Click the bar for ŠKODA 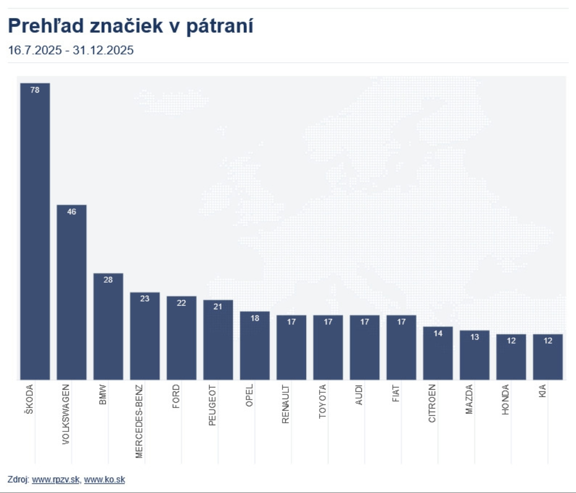tap(35, 234)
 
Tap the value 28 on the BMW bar tap(108, 280)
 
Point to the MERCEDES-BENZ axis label tap(139, 421)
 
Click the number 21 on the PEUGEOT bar tap(218, 306)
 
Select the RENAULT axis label tap(285, 404)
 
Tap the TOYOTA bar tap(328, 348)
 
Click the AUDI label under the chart tap(359, 395)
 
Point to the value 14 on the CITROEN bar tap(438, 333)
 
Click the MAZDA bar tap(474, 357)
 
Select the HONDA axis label tap(505, 399)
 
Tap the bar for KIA tap(548, 359)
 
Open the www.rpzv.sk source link tap(55, 480)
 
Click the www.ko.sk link tap(104, 480)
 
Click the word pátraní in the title tap(220, 26)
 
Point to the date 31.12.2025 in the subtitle tap(103, 50)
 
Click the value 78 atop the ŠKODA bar tap(35, 90)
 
